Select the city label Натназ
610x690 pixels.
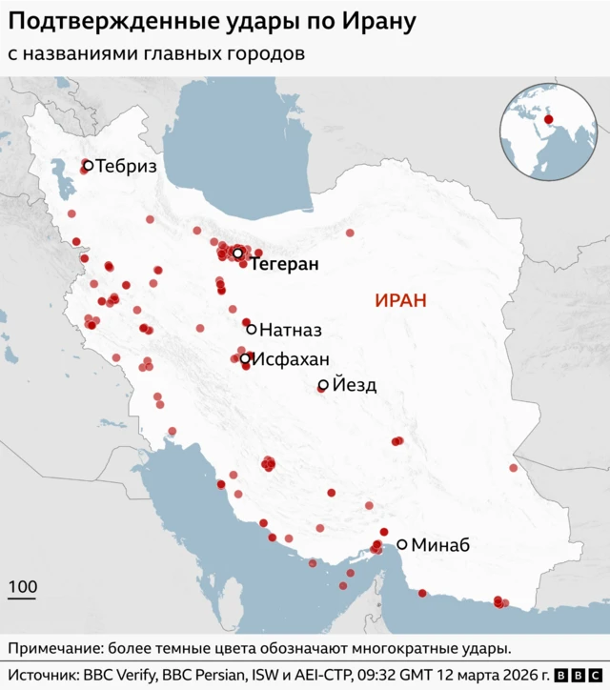(x=291, y=330)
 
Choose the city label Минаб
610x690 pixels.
(x=440, y=546)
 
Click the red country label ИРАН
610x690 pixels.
(x=400, y=301)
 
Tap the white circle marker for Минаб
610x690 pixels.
(x=402, y=545)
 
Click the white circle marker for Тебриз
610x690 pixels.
(x=88, y=166)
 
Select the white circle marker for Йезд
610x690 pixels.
(x=323, y=385)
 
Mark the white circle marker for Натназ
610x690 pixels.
(x=252, y=329)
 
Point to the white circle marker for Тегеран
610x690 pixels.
(x=237, y=254)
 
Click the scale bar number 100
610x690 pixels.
(x=23, y=587)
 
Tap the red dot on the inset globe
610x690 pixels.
(x=548, y=120)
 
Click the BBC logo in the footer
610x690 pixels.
(x=574, y=675)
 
